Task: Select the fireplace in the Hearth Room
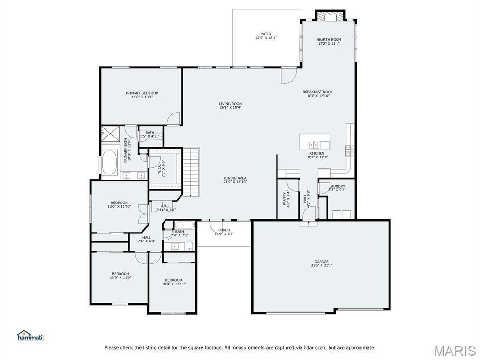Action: click(330, 16)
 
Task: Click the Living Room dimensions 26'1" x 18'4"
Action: click(230, 107)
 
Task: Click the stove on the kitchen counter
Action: click(349, 150)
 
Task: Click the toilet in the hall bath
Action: click(189, 246)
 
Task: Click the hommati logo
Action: click(30, 336)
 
